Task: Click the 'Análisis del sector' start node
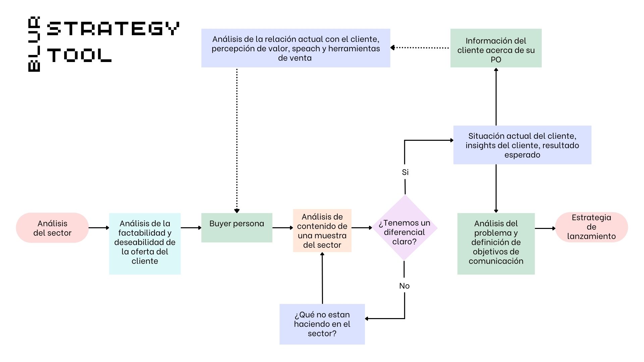click(52, 228)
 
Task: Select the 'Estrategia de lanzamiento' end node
click(591, 227)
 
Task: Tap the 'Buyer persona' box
click(237, 228)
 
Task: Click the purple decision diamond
click(405, 228)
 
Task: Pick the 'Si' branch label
click(405, 172)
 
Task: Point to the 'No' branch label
click(405, 286)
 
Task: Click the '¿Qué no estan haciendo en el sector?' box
click(322, 324)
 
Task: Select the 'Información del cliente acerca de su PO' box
click(496, 48)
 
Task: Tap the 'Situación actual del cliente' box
click(522, 145)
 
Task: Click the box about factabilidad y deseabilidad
click(145, 244)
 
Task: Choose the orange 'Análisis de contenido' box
click(322, 231)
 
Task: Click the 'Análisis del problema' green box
click(496, 244)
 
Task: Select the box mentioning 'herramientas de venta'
click(296, 48)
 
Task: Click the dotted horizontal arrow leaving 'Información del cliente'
click(420, 48)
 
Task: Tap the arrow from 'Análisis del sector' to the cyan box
click(99, 228)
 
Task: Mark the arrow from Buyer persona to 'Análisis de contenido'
click(283, 228)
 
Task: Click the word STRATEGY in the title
click(113, 28)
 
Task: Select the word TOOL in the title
click(79, 55)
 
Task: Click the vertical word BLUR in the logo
click(34, 44)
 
